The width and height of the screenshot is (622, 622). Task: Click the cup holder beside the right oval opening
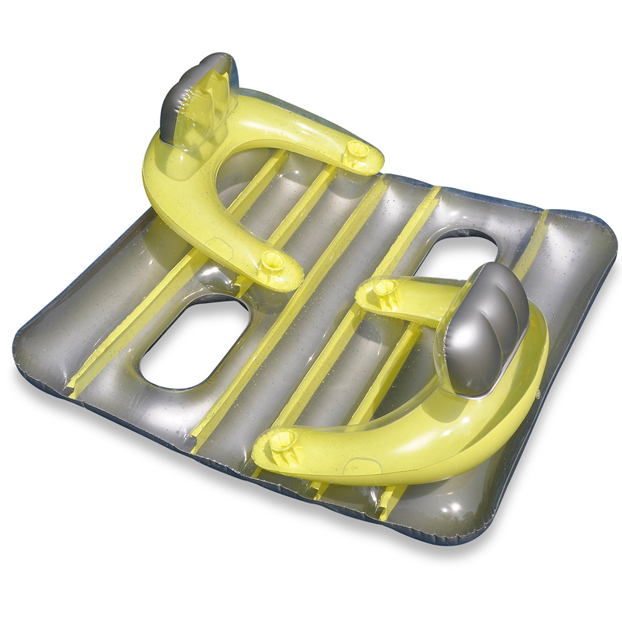[x=385, y=287]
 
